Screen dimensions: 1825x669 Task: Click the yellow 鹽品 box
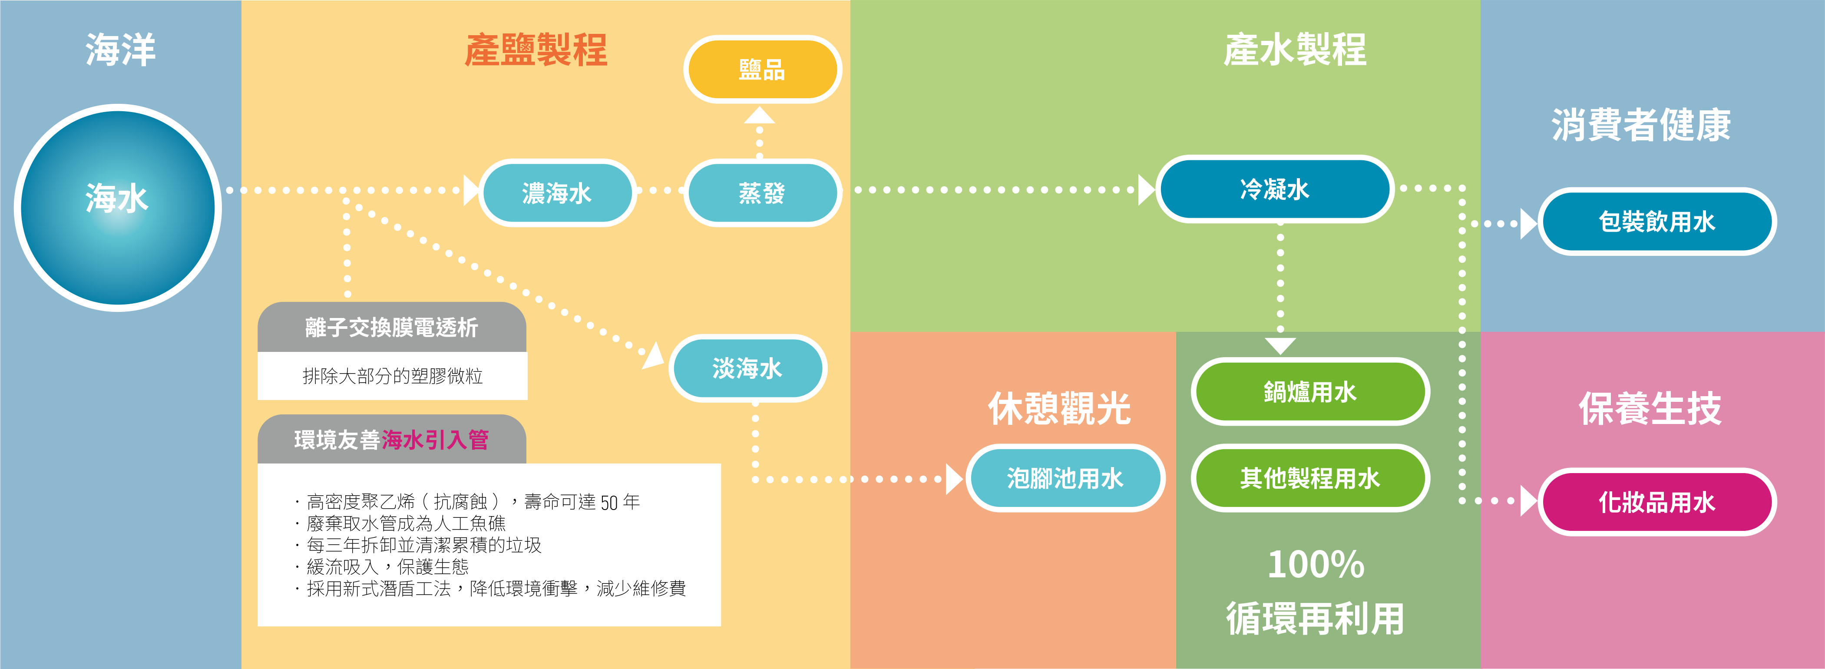click(762, 70)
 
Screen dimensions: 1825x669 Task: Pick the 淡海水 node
click(747, 368)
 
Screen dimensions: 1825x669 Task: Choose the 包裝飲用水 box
click(1657, 221)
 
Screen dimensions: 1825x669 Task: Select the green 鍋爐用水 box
click(1310, 392)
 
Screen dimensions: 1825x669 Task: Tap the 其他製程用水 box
click(1310, 478)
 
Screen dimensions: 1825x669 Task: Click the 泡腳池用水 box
click(1065, 478)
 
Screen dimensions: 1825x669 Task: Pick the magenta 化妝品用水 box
click(1657, 502)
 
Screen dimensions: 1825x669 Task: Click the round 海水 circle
click(118, 208)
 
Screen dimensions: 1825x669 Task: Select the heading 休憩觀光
click(1059, 408)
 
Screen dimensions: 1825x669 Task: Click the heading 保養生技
click(1650, 408)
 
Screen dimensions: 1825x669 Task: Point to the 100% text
click(1316, 565)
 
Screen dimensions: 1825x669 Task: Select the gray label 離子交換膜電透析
click(392, 328)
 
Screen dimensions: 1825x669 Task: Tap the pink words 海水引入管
click(436, 440)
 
